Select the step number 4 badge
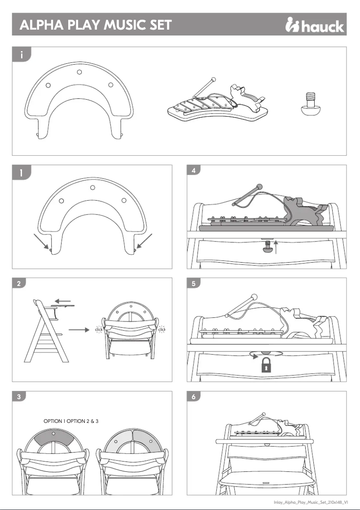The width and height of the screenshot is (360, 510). (193, 171)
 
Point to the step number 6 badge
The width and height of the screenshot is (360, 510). (193, 397)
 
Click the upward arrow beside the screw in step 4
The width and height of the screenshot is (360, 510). (277, 246)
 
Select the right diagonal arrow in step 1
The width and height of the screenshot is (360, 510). (145, 241)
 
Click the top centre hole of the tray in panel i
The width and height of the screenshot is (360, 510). (79, 72)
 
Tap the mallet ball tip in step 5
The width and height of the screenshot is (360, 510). (255, 297)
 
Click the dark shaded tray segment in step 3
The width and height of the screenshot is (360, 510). (54, 439)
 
